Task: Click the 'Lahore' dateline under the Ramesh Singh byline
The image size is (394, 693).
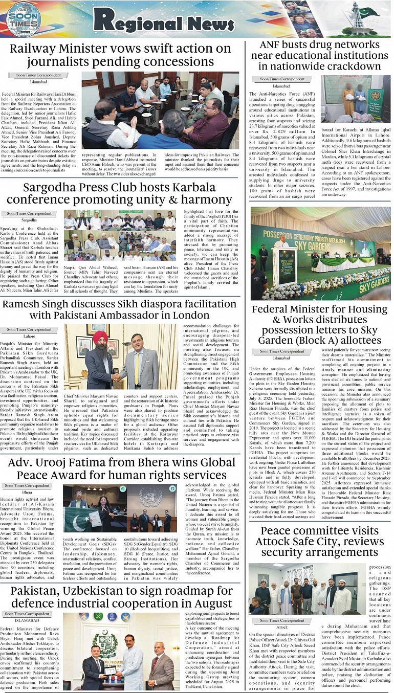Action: click(x=29, y=336)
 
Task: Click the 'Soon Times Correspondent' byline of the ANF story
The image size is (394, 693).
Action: click(x=282, y=79)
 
